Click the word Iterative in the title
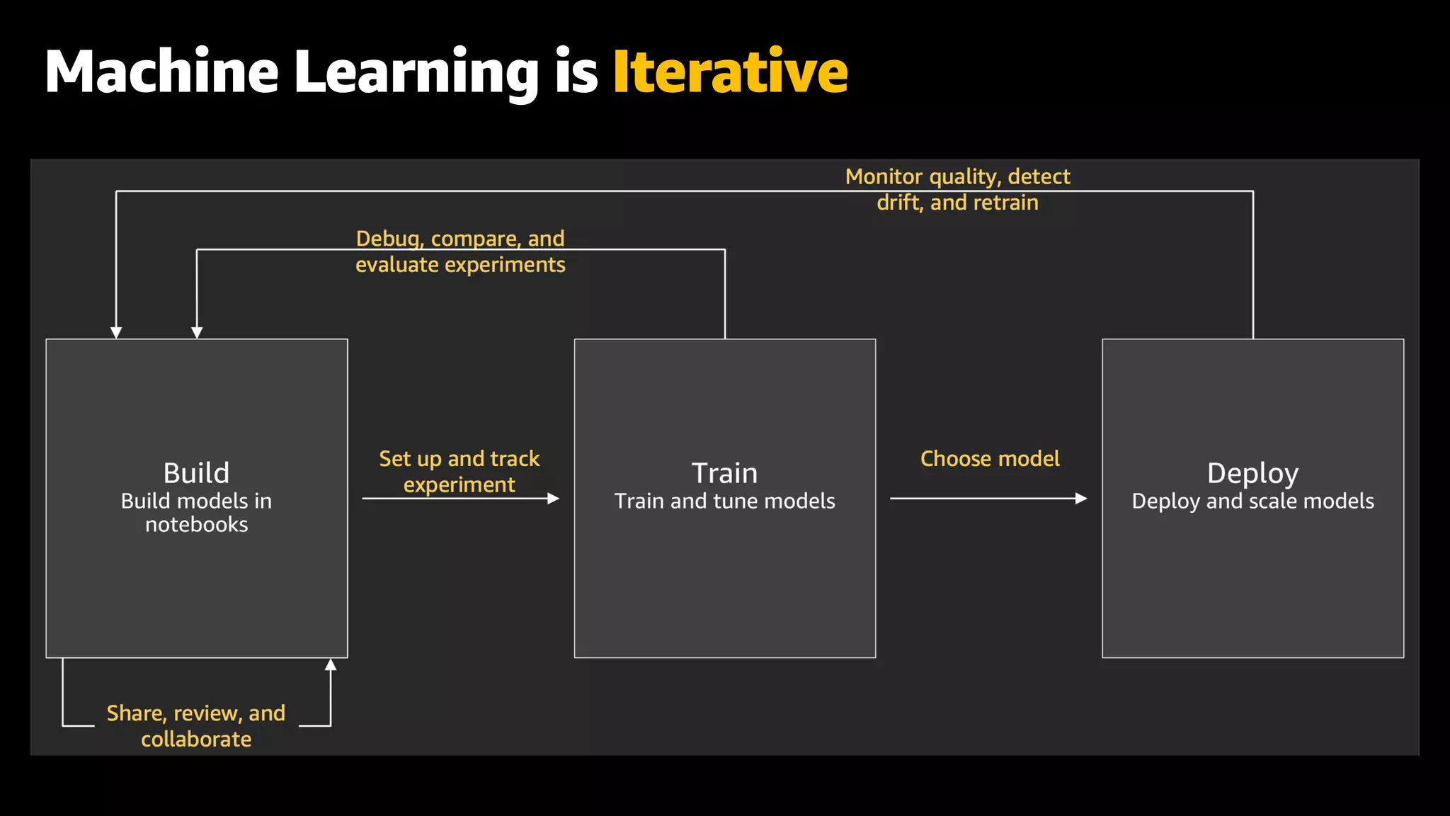(730, 72)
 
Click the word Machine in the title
(161, 72)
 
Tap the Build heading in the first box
(196, 472)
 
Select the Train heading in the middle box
(724, 472)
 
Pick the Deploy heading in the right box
(1252, 473)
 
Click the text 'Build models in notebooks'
(196, 512)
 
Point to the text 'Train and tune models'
(724, 501)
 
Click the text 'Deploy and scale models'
(1252, 501)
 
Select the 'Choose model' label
(990, 458)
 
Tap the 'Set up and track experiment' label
(459, 471)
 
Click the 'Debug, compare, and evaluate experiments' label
(460, 251)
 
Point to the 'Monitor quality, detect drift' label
(957, 189)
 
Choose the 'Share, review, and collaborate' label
(196, 725)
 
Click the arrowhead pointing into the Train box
(554, 499)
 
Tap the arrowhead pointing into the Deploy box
(1081, 499)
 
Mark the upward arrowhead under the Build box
(331, 664)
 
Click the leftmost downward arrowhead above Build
(116, 332)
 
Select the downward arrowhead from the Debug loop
(197, 332)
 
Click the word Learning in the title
(416, 72)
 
